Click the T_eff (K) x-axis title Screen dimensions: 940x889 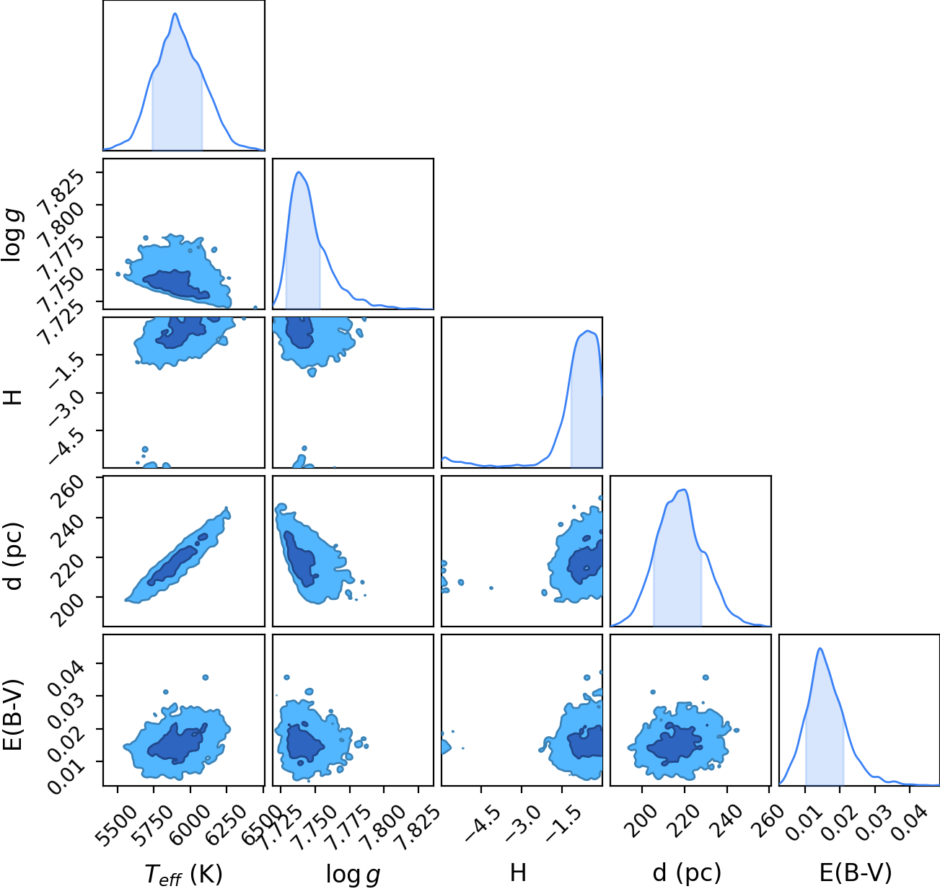pos(184,874)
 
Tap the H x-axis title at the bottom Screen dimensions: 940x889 pos(518,872)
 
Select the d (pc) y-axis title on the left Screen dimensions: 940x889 pos(13,557)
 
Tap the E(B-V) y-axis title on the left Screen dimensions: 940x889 pos(13,715)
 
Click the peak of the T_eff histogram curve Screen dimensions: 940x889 pos(175,14)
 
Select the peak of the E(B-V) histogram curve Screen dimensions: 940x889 pos(820,649)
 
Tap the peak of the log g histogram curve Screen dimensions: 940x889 pos(299,172)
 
